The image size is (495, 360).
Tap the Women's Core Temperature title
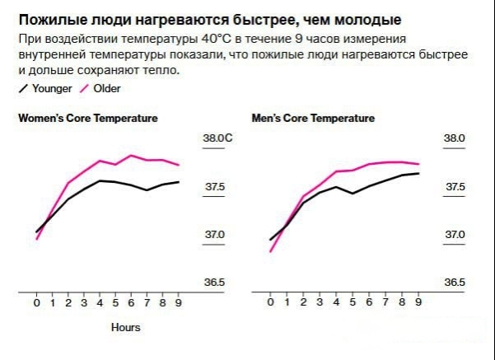pyautogui.click(x=88, y=119)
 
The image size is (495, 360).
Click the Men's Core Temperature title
pyautogui.click(x=313, y=119)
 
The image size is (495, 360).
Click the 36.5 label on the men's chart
pyautogui.click(x=455, y=283)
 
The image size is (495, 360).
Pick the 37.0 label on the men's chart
pyautogui.click(x=455, y=235)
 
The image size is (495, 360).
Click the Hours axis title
pyautogui.click(x=126, y=327)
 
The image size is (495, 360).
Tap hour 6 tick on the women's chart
pyautogui.click(x=131, y=303)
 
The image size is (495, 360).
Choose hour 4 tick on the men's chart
pyautogui.click(x=336, y=303)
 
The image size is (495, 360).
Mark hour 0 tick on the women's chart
pyautogui.click(x=36, y=303)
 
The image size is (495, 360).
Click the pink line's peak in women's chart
pyautogui.click(x=131, y=155)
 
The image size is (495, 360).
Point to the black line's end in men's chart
pyautogui.click(x=419, y=173)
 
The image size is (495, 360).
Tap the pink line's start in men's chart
pyautogui.click(x=270, y=251)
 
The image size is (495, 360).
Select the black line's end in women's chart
pyautogui.click(x=179, y=181)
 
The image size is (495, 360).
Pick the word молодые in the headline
pyautogui.click(x=363, y=19)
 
